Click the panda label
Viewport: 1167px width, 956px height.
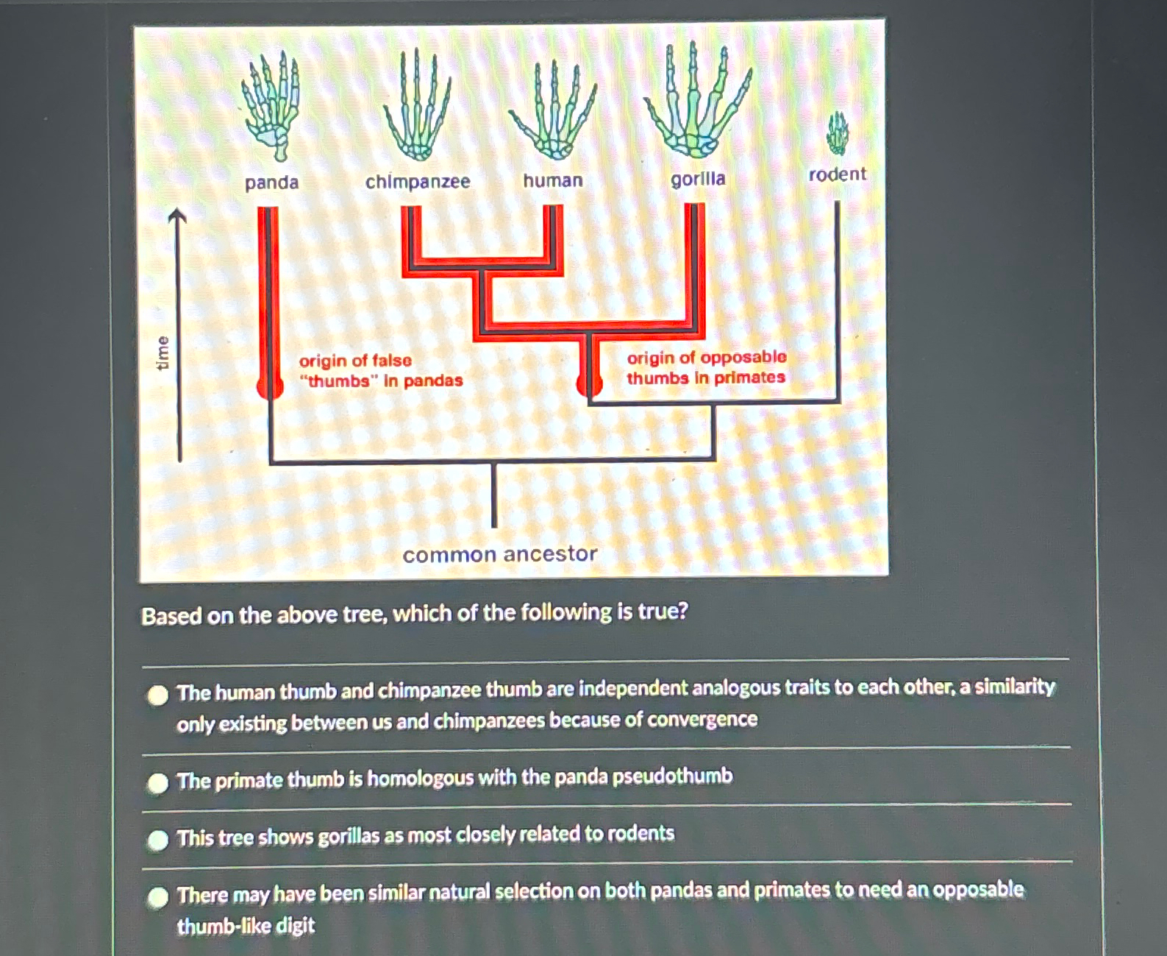pos(271,183)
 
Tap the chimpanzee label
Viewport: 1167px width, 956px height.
pos(418,181)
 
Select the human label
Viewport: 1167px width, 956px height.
pos(553,180)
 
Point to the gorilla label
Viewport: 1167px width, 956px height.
pos(698,179)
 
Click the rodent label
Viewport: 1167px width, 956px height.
pos(838,174)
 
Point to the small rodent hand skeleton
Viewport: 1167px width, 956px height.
pos(837,132)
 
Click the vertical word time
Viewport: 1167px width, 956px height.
pos(163,353)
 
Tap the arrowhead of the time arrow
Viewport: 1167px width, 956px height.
pos(177,215)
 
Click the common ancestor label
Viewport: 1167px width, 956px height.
pos(500,554)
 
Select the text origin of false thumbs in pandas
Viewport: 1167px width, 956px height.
pos(380,370)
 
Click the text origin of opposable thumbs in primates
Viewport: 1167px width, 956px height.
pos(706,367)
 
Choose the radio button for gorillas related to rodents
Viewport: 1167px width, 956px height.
pos(158,840)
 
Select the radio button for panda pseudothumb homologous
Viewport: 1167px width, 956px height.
pos(158,783)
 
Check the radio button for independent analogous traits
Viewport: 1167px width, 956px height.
pos(158,695)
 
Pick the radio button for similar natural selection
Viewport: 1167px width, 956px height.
pos(158,897)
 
